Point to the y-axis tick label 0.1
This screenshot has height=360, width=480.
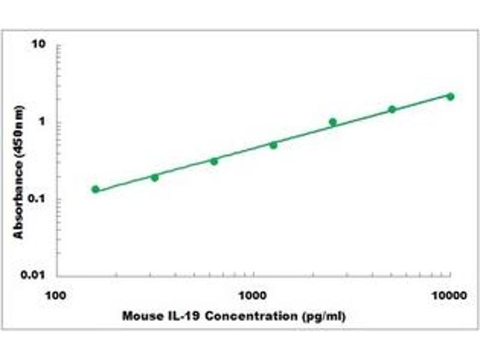[40, 199]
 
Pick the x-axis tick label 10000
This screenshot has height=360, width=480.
[449, 296]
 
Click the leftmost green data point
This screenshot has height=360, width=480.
[95, 189]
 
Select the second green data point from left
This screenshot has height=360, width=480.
[155, 177]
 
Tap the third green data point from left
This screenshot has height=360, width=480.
[214, 161]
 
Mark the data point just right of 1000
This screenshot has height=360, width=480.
[273, 145]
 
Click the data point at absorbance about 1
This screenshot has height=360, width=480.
[332, 122]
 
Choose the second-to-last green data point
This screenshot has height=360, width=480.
[392, 109]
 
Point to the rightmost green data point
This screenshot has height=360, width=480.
[451, 97]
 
